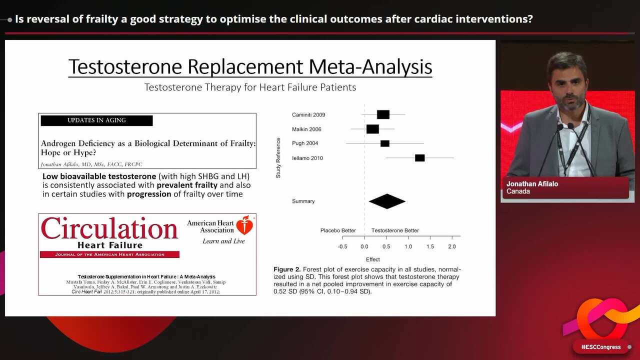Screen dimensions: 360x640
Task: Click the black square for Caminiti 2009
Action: coord(383,114)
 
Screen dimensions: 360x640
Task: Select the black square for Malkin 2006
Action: coord(372,129)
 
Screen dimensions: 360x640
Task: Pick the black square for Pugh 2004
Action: coord(384,143)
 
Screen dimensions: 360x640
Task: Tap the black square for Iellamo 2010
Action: coord(419,158)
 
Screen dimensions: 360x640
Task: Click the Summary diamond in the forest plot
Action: coord(387,201)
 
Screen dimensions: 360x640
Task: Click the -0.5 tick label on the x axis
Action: coord(342,246)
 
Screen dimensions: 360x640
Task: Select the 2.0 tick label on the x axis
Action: coord(451,246)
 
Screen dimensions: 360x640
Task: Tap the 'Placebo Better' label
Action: coord(338,230)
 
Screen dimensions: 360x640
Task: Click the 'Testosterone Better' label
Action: coord(395,230)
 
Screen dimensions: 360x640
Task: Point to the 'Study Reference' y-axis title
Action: coord(278,158)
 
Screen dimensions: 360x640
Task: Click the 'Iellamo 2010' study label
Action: coord(307,158)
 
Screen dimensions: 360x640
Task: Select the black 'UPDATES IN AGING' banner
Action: coord(96,120)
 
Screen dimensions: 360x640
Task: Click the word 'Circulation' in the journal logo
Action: coord(109,228)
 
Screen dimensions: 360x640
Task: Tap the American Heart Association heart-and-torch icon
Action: coord(244,225)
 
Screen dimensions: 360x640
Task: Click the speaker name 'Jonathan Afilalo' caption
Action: coord(532,184)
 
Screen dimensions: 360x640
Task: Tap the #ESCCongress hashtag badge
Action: coord(600,347)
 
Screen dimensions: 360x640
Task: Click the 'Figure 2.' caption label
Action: coord(287,269)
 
